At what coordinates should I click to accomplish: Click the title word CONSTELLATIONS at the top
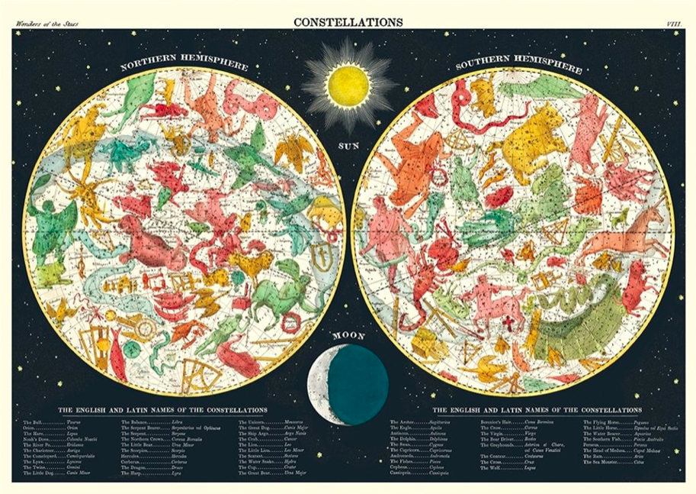click(x=348, y=22)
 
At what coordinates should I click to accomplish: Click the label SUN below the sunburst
click(x=348, y=143)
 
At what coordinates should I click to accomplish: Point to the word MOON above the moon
click(x=348, y=335)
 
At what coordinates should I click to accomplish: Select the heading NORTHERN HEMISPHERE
click(x=184, y=66)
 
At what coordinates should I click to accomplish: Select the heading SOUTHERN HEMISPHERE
click(x=518, y=64)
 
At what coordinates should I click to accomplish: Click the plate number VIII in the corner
click(x=674, y=24)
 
